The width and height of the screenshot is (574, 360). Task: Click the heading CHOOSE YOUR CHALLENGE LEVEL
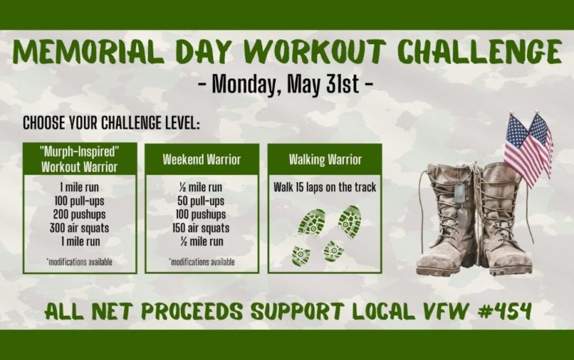tap(111, 122)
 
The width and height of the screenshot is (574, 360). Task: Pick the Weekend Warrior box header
tap(202, 159)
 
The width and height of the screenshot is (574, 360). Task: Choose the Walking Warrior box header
tap(325, 159)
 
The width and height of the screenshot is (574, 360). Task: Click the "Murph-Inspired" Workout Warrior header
tap(80, 159)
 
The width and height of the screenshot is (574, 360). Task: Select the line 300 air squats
tap(80, 229)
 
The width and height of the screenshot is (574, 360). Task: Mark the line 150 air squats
tap(202, 229)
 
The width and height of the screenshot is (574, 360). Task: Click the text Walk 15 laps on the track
tap(325, 187)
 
